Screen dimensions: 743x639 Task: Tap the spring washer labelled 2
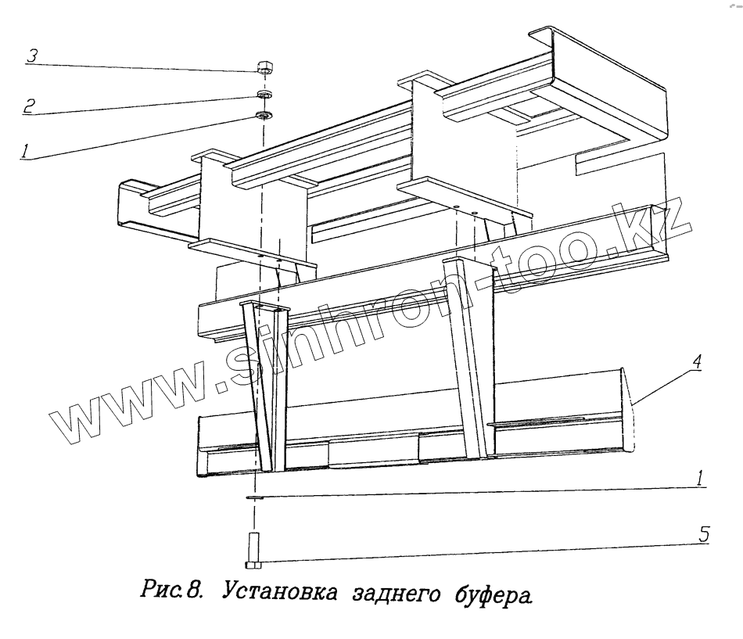[264, 95]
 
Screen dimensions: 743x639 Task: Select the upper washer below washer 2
[264, 117]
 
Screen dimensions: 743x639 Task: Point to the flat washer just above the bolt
[253, 496]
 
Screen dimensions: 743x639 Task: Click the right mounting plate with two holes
[465, 202]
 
